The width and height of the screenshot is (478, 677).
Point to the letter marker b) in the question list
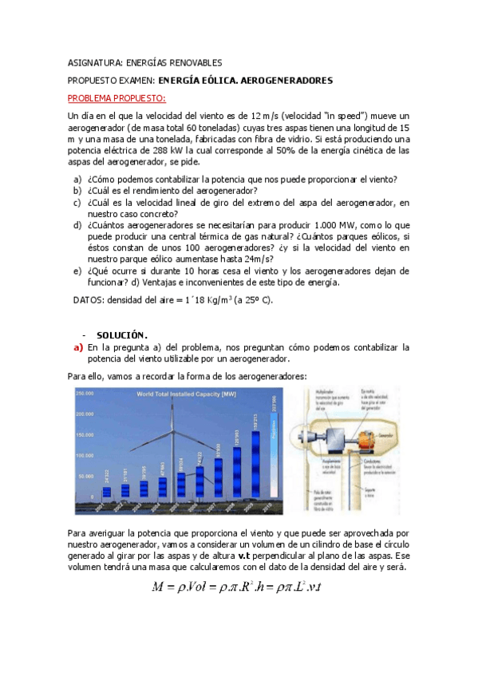coord(77,191)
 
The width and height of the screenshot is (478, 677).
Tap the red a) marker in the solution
coord(78,347)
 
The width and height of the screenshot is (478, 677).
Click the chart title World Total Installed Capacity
coord(186,394)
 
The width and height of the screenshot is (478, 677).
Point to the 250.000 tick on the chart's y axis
coord(85,393)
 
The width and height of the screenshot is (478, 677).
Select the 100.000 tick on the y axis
coord(85,454)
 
